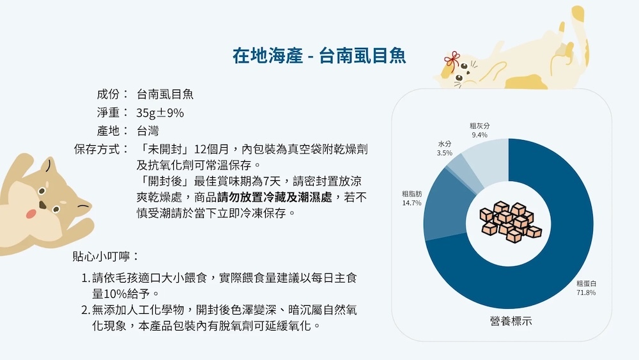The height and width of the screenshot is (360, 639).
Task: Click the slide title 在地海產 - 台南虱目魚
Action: tap(319, 56)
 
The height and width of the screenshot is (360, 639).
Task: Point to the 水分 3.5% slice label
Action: tap(444, 148)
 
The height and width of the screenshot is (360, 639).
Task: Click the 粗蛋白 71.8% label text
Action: tap(586, 288)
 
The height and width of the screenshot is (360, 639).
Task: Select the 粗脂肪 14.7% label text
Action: tap(412, 198)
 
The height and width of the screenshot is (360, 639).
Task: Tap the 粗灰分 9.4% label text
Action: tap(480, 130)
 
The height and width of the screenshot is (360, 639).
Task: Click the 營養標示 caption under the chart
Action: tap(511, 321)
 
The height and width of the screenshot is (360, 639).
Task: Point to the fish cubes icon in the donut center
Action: tap(510, 221)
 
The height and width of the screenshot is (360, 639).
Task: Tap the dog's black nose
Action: tap(42, 205)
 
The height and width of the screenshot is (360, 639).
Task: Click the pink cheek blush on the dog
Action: tap(31, 214)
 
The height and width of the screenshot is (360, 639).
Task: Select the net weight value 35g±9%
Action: tap(160, 113)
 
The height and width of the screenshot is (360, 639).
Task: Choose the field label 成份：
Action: tap(113, 94)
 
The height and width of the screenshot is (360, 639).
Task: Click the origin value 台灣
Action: tap(148, 131)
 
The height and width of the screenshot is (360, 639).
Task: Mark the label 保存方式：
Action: tap(102, 149)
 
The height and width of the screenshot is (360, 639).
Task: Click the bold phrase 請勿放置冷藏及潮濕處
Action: tap(275, 198)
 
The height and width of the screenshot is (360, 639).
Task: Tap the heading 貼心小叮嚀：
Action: tap(106, 256)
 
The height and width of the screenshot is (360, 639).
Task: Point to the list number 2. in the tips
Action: tap(86, 310)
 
